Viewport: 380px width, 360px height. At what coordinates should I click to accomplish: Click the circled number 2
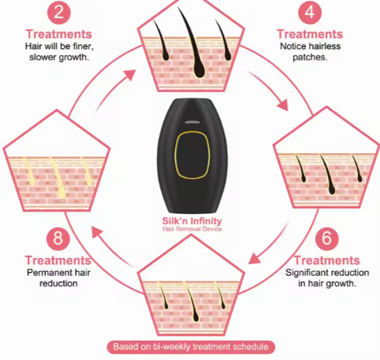(x=58, y=12)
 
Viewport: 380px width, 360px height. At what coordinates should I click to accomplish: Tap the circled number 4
(x=310, y=12)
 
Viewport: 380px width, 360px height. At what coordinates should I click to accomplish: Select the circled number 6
(x=327, y=238)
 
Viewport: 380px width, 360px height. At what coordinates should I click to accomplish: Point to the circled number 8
(x=58, y=238)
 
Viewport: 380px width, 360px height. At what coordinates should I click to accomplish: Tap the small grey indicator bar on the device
(x=192, y=122)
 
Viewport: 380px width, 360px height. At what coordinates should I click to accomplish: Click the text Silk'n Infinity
(x=192, y=221)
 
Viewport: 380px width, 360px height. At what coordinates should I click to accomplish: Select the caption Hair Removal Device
(x=192, y=229)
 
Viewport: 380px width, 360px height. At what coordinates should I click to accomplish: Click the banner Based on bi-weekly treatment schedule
(x=191, y=347)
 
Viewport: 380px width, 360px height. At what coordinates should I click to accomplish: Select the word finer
(x=83, y=47)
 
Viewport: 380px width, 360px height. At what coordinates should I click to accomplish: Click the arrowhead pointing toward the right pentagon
(x=282, y=105)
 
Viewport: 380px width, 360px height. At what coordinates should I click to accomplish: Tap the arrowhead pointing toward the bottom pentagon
(x=254, y=259)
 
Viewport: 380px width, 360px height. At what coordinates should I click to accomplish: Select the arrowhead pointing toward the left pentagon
(x=97, y=231)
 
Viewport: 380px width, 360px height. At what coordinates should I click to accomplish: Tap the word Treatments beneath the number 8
(x=58, y=261)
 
